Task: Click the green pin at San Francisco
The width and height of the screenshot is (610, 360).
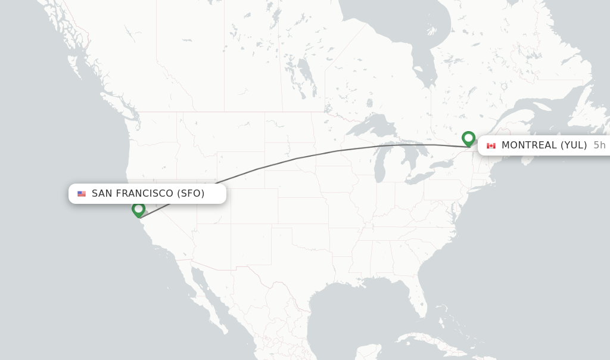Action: (138, 209)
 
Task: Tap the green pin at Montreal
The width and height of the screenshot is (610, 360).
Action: (468, 138)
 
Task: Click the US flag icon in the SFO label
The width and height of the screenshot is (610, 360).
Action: (82, 194)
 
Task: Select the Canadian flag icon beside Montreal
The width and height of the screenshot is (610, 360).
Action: (491, 145)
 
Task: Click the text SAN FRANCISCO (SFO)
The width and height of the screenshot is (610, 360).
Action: (148, 193)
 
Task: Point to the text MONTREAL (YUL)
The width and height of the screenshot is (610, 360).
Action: (544, 145)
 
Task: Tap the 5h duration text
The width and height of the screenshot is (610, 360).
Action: (599, 145)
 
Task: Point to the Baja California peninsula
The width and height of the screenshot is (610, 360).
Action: (206, 298)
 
